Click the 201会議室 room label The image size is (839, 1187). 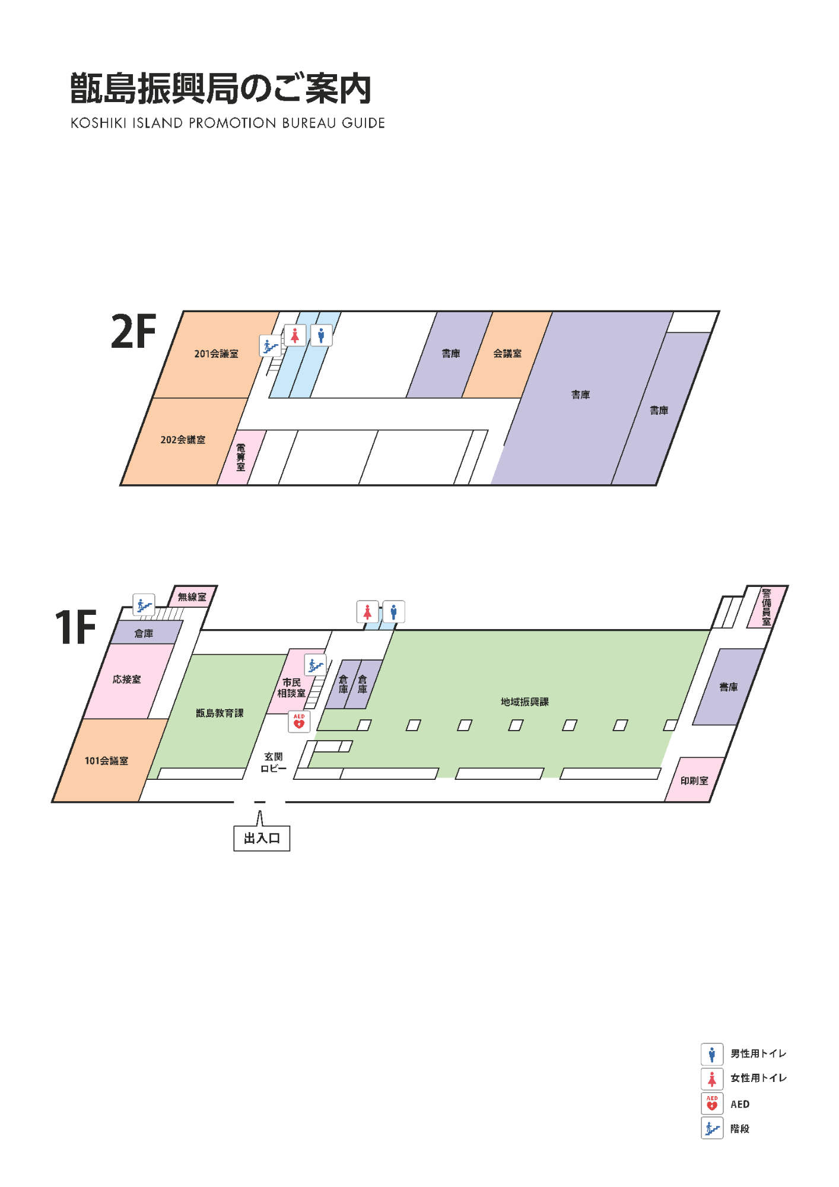pyautogui.click(x=216, y=354)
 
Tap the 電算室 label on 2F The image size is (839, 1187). pyautogui.click(x=241, y=457)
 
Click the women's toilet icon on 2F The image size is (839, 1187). pyautogui.click(x=295, y=335)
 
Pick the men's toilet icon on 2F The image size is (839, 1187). pyautogui.click(x=321, y=335)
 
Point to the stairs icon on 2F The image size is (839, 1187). pyautogui.click(x=270, y=345)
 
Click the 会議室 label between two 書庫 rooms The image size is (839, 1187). pyautogui.click(x=507, y=354)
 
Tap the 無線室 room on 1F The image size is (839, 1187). pyautogui.click(x=192, y=596)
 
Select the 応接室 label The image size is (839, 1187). pyautogui.click(x=127, y=680)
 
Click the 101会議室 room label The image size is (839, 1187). pyautogui.click(x=106, y=761)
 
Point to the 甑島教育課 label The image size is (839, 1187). pyautogui.click(x=220, y=713)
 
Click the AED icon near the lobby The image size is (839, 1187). pyautogui.click(x=299, y=722)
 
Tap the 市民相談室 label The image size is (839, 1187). pyautogui.click(x=291, y=688)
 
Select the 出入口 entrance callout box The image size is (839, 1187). pyautogui.click(x=262, y=838)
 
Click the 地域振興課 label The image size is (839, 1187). pyautogui.click(x=525, y=702)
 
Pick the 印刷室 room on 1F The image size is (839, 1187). pyautogui.click(x=694, y=780)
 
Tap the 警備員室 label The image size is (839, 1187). pyautogui.click(x=767, y=607)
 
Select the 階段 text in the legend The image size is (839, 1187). pyautogui.click(x=740, y=1129)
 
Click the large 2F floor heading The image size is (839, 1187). pyautogui.click(x=134, y=332)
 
